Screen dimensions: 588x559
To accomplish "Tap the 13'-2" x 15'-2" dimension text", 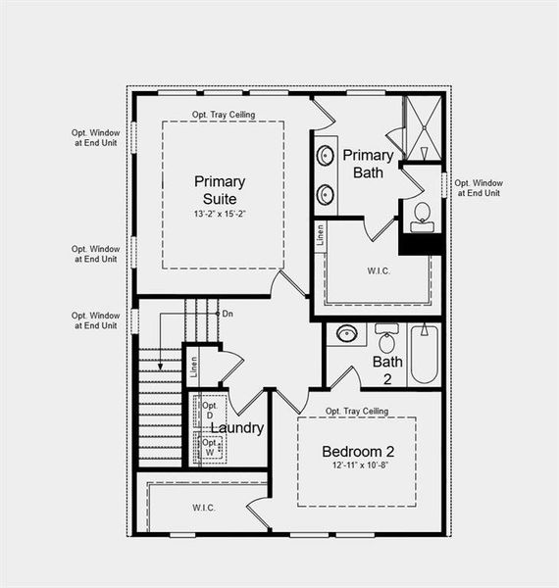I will click(x=220, y=213).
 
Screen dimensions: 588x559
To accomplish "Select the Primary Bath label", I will click(x=368, y=164).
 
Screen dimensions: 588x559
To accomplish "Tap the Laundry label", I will click(x=237, y=428).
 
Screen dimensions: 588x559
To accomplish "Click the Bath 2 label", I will click(x=387, y=369).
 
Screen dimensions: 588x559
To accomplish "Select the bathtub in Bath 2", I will click(x=424, y=354).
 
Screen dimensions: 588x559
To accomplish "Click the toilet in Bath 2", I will click(x=386, y=339).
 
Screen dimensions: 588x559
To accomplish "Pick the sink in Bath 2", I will click(x=346, y=334).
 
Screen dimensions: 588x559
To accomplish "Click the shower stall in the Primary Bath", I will click(x=424, y=127).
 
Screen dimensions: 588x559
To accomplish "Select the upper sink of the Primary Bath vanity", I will click(x=325, y=155).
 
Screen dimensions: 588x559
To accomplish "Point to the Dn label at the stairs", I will click(x=228, y=314).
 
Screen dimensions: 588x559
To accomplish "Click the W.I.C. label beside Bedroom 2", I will click(x=204, y=507).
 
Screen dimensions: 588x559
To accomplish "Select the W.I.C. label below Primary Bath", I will click(x=380, y=269).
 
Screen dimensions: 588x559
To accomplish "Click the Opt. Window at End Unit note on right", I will click(x=479, y=188).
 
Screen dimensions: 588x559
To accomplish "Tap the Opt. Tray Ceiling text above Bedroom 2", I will click(x=358, y=411).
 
